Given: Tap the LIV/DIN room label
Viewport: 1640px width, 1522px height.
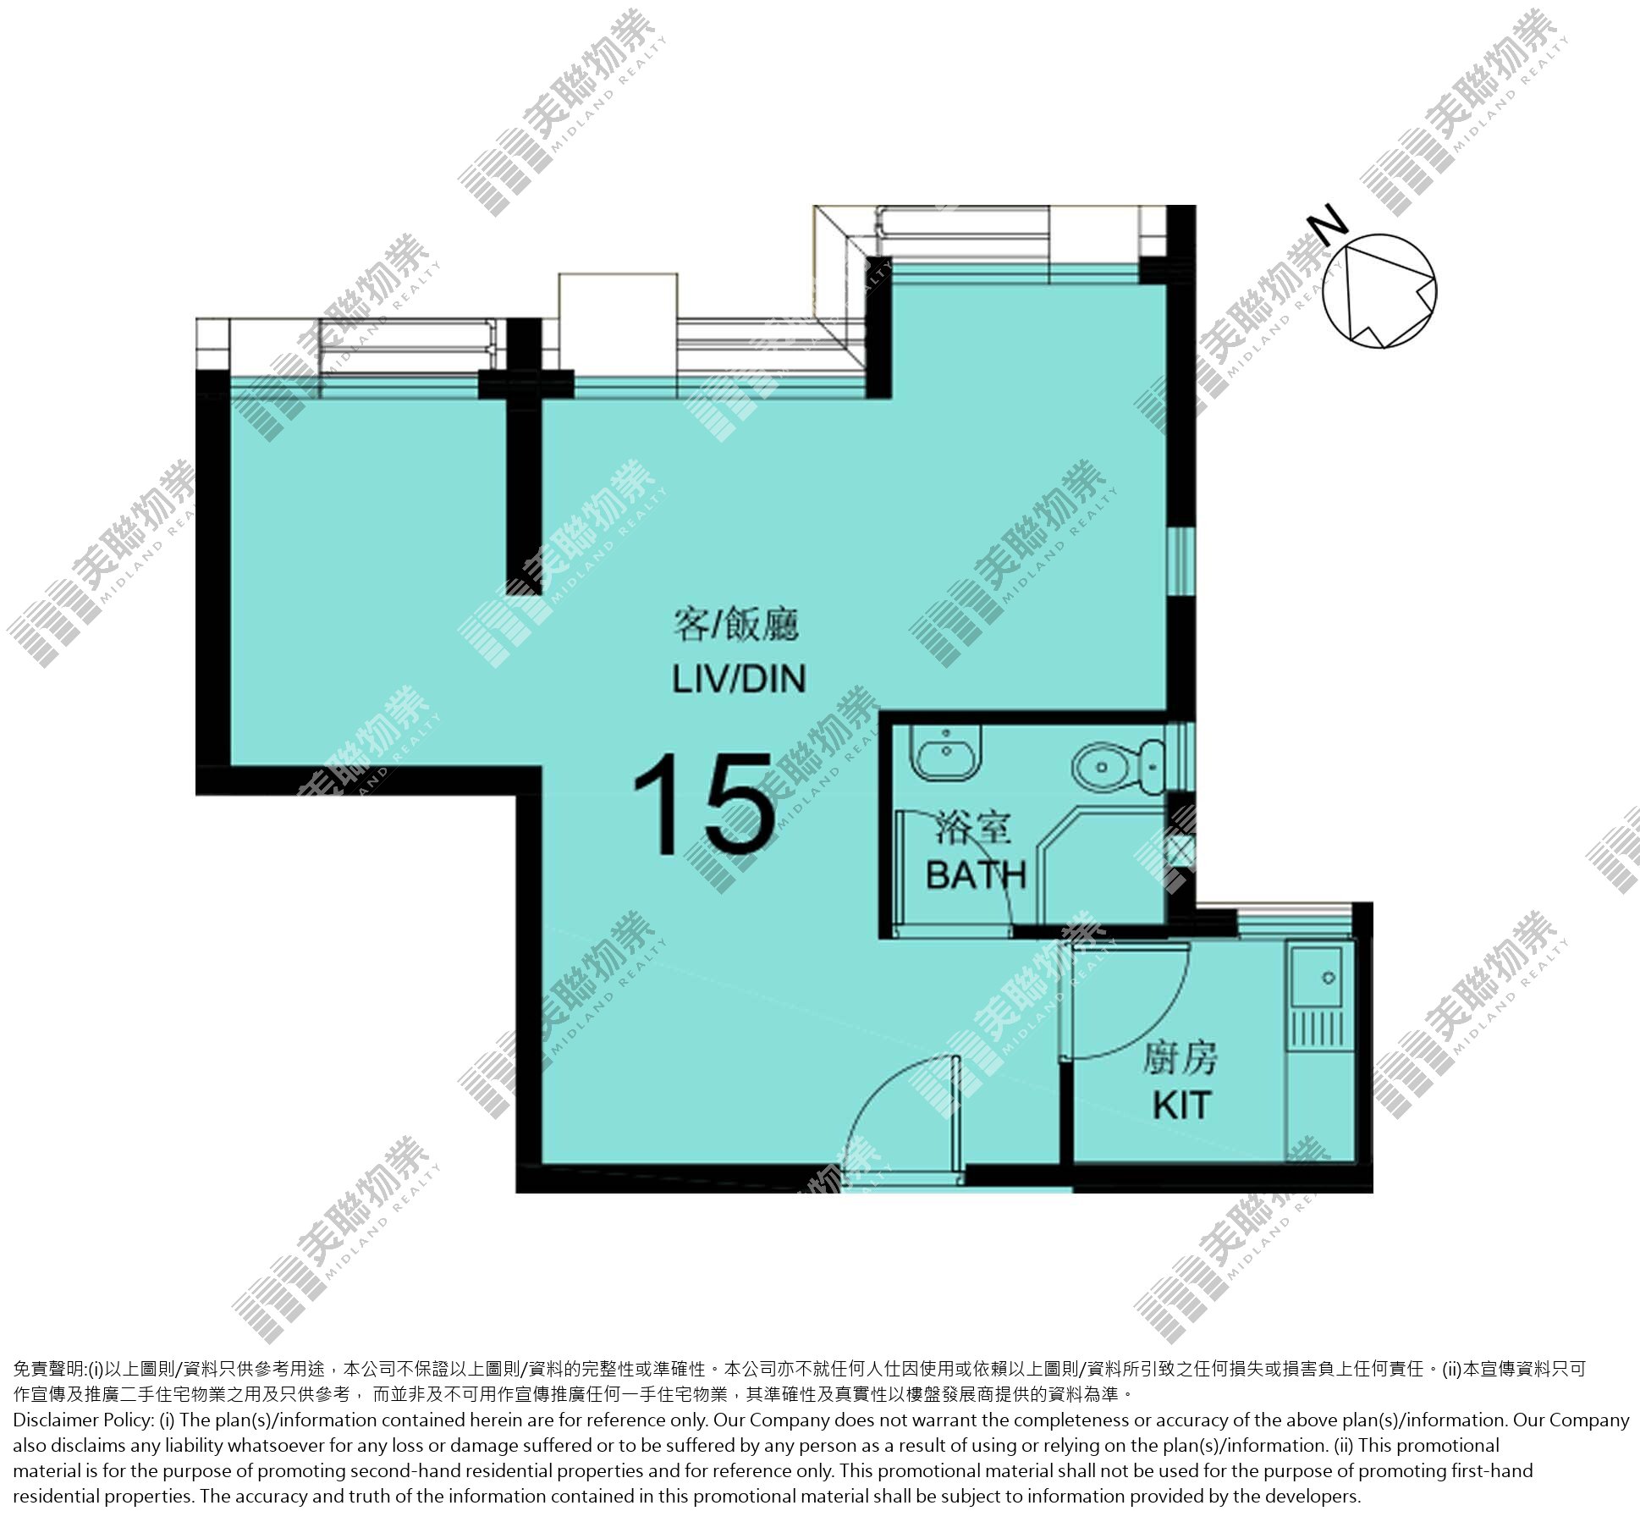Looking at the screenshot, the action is [x=739, y=679].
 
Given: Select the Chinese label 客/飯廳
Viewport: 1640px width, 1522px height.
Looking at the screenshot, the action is [x=736, y=626].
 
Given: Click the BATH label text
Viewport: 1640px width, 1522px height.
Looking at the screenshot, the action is [x=976, y=875].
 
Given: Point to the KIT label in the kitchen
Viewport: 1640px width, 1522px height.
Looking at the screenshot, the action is [x=1181, y=1106].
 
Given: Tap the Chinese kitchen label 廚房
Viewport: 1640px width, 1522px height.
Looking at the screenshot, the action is [x=1180, y=1058].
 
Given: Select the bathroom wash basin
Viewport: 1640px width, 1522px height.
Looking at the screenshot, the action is [x=946, y=751].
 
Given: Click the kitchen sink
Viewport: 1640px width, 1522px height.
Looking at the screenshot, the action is [x=1317, y=976].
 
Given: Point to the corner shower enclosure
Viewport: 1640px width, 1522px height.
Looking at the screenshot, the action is [x=1100, y=865].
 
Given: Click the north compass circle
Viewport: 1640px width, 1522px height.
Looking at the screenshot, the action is [x=1379, y=291].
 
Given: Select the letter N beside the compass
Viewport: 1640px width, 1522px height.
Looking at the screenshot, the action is [x=1326, y=223].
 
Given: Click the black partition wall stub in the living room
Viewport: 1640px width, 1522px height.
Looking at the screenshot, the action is [x=524, y=483].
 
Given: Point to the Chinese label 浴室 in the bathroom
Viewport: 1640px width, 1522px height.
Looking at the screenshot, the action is [x=973, y=828].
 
